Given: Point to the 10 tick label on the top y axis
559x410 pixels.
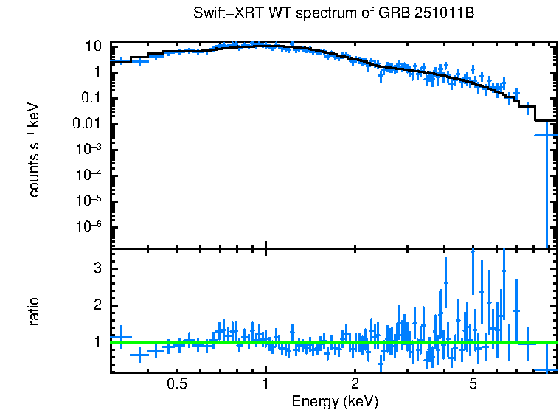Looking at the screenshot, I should tap(93, 46).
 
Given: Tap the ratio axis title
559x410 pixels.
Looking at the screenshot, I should tap(34, 312).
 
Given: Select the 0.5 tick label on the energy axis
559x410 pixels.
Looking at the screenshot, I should tap(176, 385).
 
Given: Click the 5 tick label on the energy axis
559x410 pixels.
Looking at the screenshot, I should tap(473, 385).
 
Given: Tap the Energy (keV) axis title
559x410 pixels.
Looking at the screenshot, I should tap(335, 401).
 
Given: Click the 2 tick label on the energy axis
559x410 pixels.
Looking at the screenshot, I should tap(355, 385).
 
